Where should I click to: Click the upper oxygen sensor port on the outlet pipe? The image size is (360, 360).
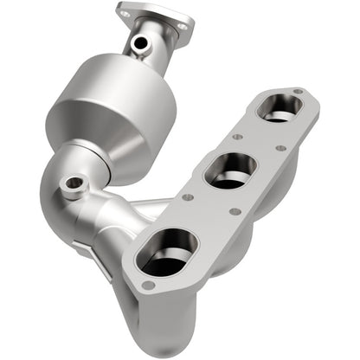click(x=138, y=42)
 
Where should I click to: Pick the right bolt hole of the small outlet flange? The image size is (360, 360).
click(x=181, y=27)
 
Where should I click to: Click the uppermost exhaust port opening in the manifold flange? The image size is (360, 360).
click(x=280, y=108)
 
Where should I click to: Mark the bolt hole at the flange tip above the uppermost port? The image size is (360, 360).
click(x=298, y=91)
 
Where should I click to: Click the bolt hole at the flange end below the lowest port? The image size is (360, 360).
click(x=150, y=286)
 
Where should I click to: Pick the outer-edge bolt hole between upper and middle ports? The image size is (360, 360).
click(x=280, y=148)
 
